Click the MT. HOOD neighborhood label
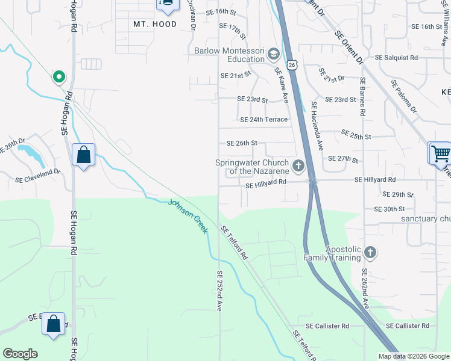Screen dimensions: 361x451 click(x=155, y=24)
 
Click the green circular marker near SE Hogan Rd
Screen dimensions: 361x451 click(x=58, y=76)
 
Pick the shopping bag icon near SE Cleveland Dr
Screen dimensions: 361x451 click(x=83, y=155)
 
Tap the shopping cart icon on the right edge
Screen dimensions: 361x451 click(x=440, y=153)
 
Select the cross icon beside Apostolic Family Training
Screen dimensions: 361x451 click(x=370, y=253)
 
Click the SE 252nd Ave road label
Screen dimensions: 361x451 click(x=219, y=291)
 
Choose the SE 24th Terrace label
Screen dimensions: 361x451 click(x=263, y=120)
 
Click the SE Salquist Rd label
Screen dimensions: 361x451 click(x=396, y=58)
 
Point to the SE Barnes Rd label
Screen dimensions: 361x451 click(x=362, y=96)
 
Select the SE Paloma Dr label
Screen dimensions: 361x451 click(x=403, y=96)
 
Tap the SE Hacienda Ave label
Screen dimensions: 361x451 click(x=317, y=126)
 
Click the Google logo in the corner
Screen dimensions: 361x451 click(x=20, y=354)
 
